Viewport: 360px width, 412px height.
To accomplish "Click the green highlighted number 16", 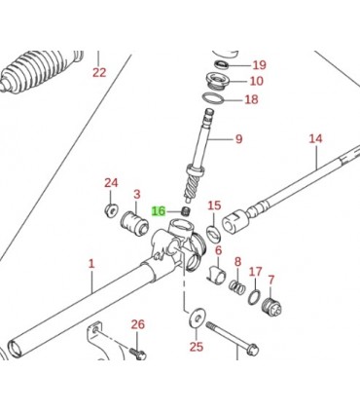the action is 159,211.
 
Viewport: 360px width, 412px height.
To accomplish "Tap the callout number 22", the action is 99,72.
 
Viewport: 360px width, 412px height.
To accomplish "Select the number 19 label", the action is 259,65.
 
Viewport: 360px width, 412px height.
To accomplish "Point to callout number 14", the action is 315,139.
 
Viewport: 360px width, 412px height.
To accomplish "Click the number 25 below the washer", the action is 197,347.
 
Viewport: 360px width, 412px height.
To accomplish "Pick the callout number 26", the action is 137,324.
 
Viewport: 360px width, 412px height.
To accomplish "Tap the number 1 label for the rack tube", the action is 91,263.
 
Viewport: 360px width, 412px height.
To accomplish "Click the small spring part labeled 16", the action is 186,211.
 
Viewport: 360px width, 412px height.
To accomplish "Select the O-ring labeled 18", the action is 213,98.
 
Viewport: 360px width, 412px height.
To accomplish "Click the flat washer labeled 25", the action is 196,317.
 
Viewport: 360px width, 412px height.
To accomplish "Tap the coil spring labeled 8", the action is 237,286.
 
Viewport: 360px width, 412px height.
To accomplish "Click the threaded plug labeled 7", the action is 271,306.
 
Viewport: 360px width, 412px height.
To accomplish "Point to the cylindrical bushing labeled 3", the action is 134,223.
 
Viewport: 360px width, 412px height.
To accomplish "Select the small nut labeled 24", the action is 111,210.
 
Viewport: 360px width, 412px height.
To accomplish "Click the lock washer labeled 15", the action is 214,235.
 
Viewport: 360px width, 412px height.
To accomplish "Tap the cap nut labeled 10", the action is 218,81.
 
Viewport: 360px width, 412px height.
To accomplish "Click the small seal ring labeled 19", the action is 222,64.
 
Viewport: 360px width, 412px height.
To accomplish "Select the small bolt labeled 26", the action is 138,354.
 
